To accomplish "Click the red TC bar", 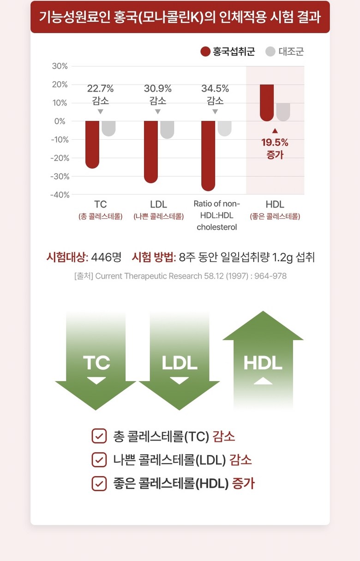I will [x=92, y=144].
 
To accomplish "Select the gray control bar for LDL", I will [x=167, y=130].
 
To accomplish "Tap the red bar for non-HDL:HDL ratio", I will [x=208, y=155].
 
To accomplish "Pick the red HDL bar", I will [x=267, y=102].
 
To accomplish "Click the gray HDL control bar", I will [x=283, y=112].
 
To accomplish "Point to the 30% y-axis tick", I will [x=60, y=66].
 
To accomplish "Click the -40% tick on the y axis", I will [x=60, y=195].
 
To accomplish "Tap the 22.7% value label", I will [x=100, y=89].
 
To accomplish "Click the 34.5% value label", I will [x=215, y=89].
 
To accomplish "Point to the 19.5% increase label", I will [x=275, y=142].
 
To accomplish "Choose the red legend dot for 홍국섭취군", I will [x=205, y=51].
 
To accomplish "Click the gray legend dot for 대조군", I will [x=270, y=51].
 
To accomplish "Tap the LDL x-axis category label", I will [x=158, y=204].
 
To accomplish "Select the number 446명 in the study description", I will [x=106, y=257].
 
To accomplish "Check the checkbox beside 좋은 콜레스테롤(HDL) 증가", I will [x=99, y=483].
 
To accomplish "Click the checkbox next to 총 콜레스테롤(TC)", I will [x=99, y=436].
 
